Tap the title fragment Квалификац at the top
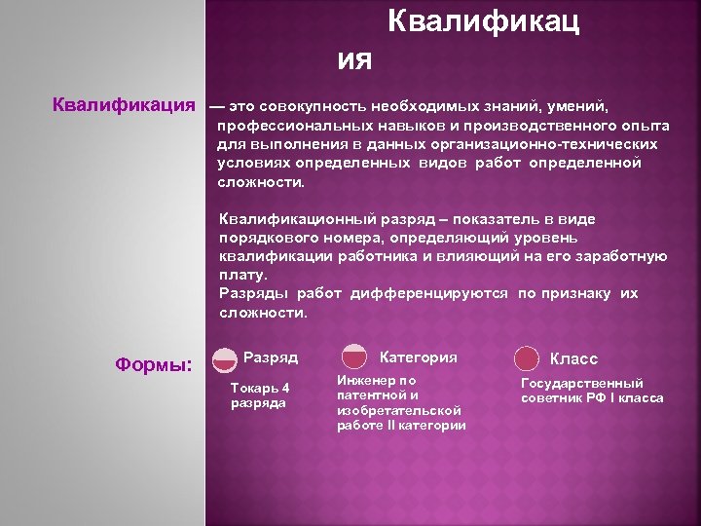[x=483, y=23]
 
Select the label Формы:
[x=154, y=364]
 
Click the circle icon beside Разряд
[x=224, y=358]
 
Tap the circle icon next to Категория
[x=353, y=357]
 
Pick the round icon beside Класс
[x=527, y=358]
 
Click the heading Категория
[x=418, y=357]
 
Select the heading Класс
[x=574, y=358]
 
